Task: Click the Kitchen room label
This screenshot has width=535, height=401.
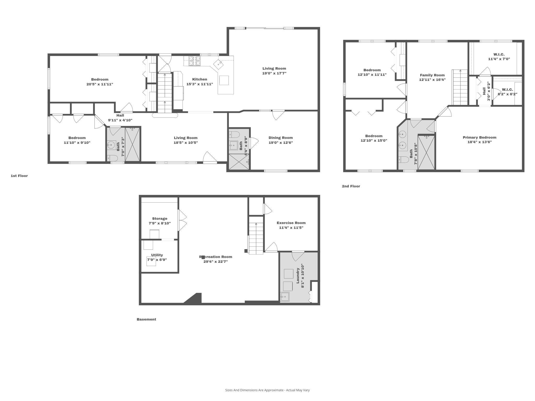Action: (200, 79)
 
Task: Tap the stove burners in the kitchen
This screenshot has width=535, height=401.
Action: (195, 61)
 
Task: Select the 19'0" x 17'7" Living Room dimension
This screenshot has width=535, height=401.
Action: (274, 73)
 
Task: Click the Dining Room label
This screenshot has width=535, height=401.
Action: (281, 138)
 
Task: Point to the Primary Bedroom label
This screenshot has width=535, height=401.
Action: (479, 137)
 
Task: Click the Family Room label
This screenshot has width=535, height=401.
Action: (432, 75)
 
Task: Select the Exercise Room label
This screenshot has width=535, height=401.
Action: (291, 223)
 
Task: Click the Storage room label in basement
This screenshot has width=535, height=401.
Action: (160, 219)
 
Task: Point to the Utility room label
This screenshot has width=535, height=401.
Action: (157, 255)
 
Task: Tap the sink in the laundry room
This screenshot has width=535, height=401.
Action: (285, 297)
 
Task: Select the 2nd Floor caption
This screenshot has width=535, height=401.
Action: (351, 186)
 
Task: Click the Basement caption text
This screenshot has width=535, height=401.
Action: (146, 319)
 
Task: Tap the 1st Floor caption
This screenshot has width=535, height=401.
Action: (19, 176)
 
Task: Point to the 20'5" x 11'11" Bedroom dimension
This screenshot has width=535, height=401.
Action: (100, 84)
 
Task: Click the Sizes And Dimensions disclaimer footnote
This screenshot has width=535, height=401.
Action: (267, 390)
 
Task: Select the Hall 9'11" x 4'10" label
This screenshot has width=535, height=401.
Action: (120, 118)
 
